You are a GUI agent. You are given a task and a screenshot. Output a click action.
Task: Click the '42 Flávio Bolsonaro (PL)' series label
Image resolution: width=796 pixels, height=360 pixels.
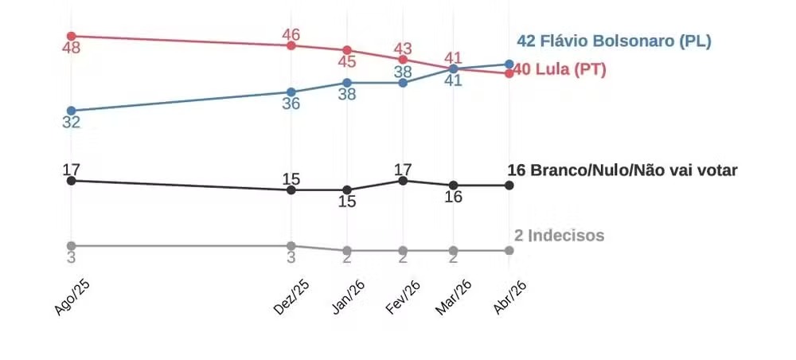click(x=614, y=41)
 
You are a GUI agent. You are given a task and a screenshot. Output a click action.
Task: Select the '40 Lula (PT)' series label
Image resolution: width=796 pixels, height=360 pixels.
click(x=560, y=70)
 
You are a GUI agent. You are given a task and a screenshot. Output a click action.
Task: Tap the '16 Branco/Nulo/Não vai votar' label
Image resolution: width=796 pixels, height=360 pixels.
click(x=623, y=170)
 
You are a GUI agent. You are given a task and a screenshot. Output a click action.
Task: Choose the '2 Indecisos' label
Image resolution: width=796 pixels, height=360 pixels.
click(x=560, y=236)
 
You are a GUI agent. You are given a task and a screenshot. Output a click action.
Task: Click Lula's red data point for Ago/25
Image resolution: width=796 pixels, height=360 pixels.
click(x=72, y=36)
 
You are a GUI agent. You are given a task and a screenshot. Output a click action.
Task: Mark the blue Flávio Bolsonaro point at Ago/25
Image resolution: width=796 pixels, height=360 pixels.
click(x=72, y=111)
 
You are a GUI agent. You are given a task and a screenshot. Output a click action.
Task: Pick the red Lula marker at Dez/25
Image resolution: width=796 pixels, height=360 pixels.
click(x=291, y=45)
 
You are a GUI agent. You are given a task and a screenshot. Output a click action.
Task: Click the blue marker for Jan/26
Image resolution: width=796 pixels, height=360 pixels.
click(x=347, y=83)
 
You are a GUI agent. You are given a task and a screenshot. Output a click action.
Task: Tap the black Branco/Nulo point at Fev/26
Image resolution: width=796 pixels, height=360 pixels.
click(x=403, y=181)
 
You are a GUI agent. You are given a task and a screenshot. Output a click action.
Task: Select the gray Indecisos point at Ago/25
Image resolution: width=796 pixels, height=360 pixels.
click(x=72, y=245)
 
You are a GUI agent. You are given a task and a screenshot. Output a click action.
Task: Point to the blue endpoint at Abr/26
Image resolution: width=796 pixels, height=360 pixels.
click(x=509, y=64)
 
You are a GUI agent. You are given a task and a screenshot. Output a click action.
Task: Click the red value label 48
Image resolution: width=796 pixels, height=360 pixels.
click(x=72, y=49)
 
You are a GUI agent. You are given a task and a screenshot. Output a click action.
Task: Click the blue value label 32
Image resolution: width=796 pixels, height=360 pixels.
click(x=72, y=123)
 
